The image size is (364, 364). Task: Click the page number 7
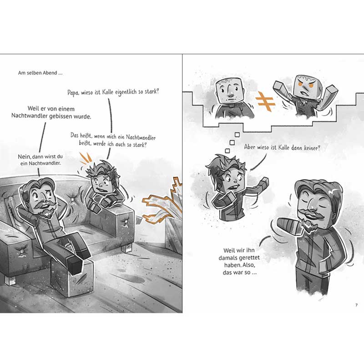(x=356, y=305)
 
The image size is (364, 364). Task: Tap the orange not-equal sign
(x=265, y=101)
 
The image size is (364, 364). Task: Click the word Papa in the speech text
(x=73, y=92)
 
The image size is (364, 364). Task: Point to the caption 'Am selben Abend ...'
(x=40, y=73)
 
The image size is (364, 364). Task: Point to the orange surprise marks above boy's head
(x=86, y=158)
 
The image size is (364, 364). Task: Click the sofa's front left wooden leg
(x=10, y=280)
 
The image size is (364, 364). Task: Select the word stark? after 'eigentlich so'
(x=152, y=91)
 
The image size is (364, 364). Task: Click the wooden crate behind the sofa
(x=174, y=234)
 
